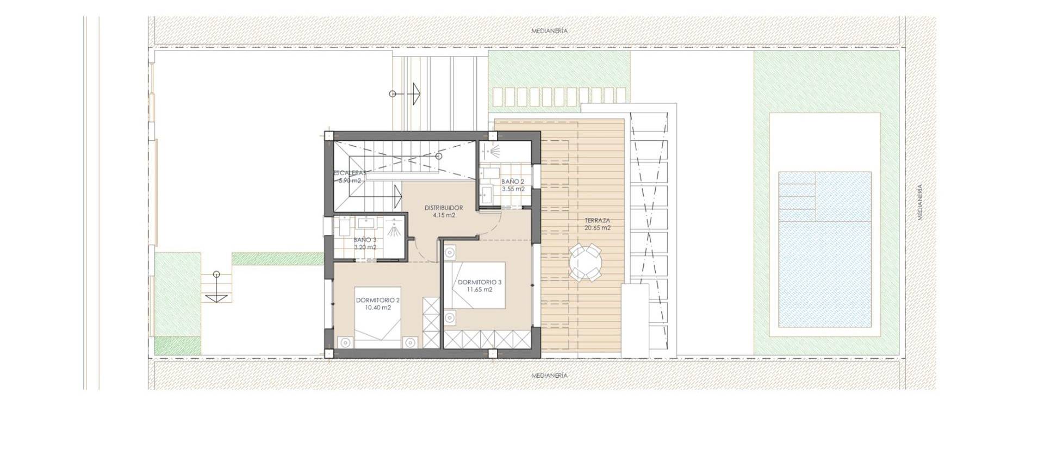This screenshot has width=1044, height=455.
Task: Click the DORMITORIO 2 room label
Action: click(x=378, y=300)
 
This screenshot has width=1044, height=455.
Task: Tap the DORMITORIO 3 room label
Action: click(x=480, y=282)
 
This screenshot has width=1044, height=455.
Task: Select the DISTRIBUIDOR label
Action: click(x=444, y=208)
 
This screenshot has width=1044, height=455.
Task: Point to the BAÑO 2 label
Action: click(x=513, y=182)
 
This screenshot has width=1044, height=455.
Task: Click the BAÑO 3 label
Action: click(x=365, y=240)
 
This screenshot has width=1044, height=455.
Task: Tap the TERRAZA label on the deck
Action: click(x=597, y=221)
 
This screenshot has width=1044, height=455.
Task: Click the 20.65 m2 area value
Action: click(x=597, y=228)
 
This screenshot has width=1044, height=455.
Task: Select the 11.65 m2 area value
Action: click(x=480, y=290)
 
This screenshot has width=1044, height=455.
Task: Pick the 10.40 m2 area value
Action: click(x=378, y=308)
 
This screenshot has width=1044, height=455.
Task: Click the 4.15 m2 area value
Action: click(x=444, y=215)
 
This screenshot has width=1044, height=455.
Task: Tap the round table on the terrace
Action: click(x=585, y=263)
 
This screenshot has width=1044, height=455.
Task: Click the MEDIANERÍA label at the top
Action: click(x=549, y=31)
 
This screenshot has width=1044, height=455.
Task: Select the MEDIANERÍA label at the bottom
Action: click(x=549, y=376)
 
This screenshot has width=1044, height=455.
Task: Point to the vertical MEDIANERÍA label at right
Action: click(x=920, y=202)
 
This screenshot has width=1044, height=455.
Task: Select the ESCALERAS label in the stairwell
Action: click(x=350, y=173)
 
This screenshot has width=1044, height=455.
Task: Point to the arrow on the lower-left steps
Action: click(x=216, y=297)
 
